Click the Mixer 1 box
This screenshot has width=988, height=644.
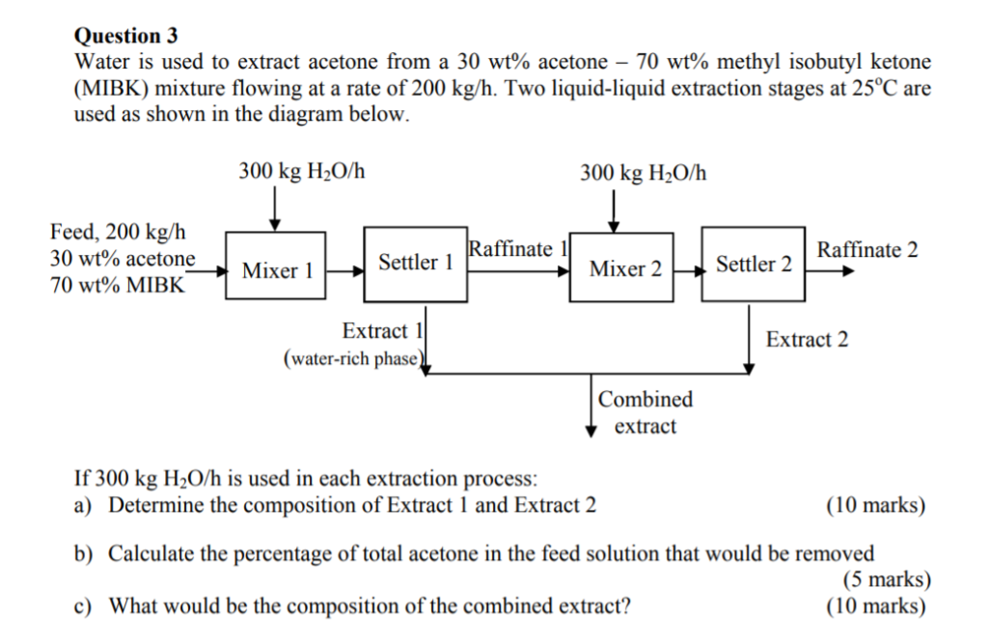click(x=276, y=269)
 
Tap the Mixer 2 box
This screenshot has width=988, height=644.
click(x=624, y=267)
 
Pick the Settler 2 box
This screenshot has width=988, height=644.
click(x=753, y=264)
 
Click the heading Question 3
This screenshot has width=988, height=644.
click(x=125, y=36)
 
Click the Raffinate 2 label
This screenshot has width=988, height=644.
click(x=866, y=250)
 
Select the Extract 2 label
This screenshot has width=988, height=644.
click(x=807, y=339)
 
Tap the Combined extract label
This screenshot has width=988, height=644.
click(x=645, y=412)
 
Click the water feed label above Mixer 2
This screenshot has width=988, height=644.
click(x=643, y=173)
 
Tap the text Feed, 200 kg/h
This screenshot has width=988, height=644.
click(x=118, y=232)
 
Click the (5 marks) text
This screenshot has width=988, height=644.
click(x=887, y=579)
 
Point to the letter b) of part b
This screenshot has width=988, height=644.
click(x=84, y=553)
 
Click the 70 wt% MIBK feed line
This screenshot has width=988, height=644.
click(x=117, y=285)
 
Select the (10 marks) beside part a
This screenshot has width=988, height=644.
click(x=875, y=505)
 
